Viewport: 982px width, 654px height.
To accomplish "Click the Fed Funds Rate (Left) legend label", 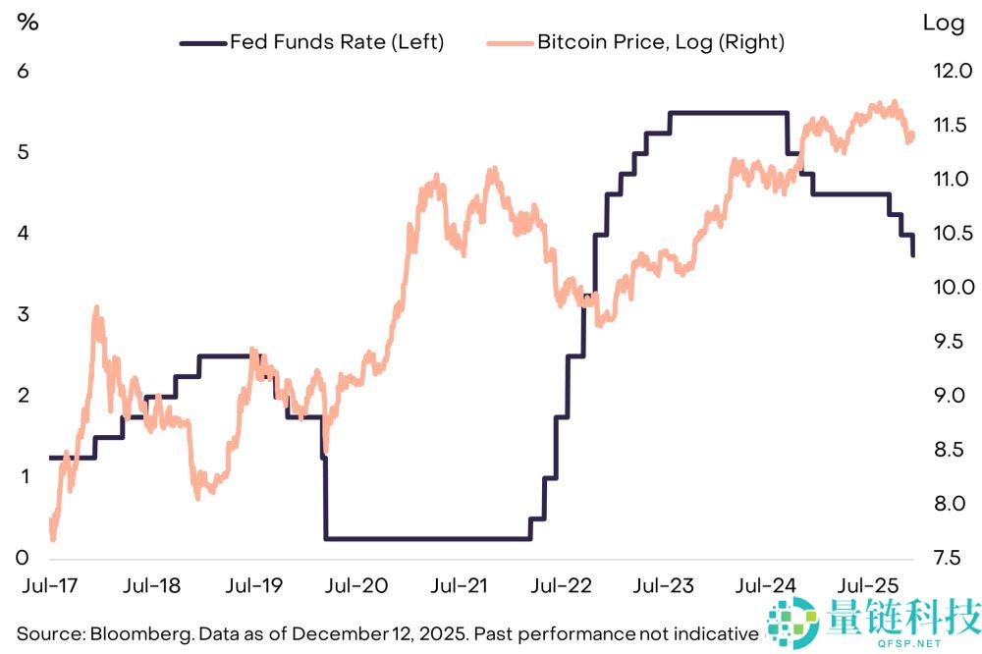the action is click(337, 42).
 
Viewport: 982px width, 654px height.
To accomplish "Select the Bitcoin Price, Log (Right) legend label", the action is click(661, 42).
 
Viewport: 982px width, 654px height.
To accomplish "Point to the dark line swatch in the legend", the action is click(203, 43).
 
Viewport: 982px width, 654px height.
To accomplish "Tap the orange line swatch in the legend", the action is click(510, 43).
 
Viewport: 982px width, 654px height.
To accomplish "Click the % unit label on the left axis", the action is click(27, 23).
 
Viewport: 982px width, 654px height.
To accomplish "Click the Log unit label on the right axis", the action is click(943, 24).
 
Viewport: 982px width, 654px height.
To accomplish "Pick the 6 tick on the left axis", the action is click(24, 71).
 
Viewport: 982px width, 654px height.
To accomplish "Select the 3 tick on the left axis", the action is click(24, 314).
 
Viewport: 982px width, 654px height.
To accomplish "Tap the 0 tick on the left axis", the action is click(23, 557).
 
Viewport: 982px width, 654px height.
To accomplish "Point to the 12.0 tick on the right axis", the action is click(954, 71).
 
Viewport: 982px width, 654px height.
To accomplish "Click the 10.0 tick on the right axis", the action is click(954, 287).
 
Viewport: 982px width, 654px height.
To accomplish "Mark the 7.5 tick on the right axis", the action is click(947, 557).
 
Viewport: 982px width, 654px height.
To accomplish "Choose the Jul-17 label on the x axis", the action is click(50, 585).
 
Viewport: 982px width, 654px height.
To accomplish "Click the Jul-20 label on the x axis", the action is click(356, 585).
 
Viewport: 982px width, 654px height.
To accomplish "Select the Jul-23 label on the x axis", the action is click(663, 585).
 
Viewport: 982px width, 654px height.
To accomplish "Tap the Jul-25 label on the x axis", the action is click(868, 585).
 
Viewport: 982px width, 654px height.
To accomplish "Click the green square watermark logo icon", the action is click(792, 622).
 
